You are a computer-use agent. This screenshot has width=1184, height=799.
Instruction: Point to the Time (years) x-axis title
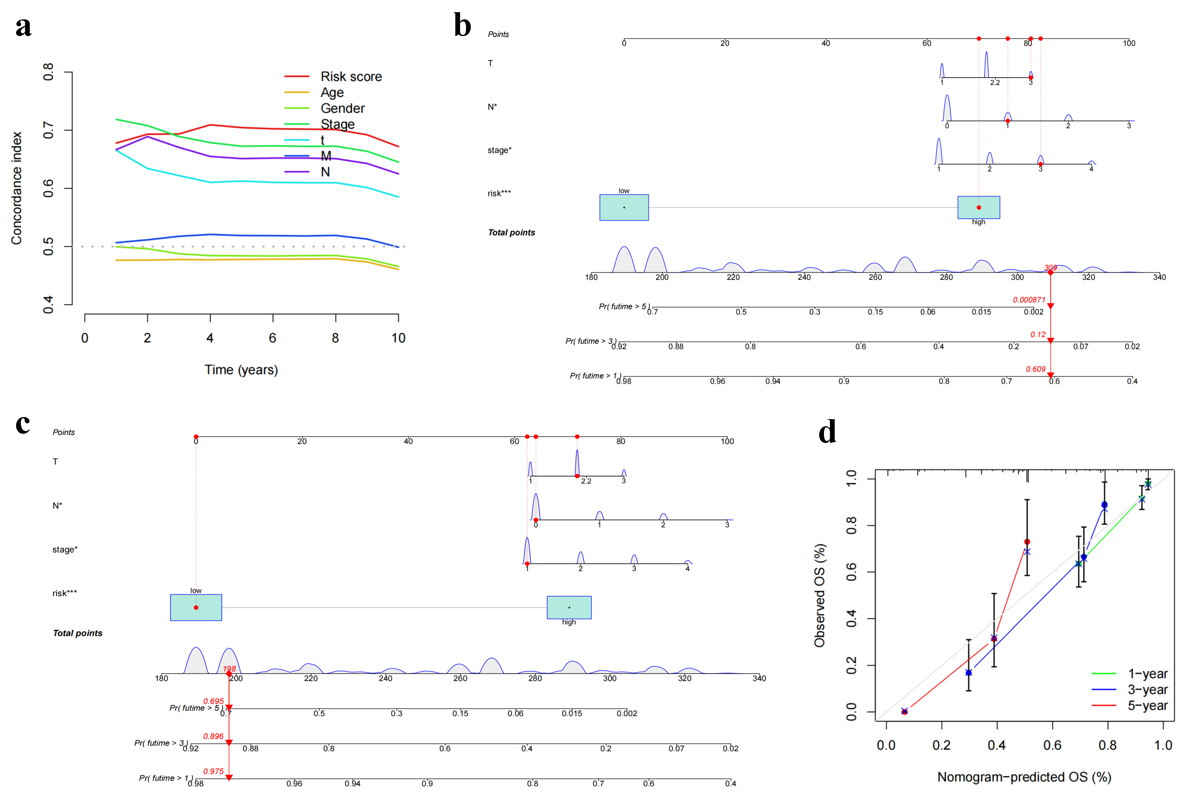(x=241, y=370)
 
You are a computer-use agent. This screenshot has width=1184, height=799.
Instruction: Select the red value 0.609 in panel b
(x=1035, y=369)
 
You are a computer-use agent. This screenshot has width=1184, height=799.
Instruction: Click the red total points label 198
(x=229, y=669)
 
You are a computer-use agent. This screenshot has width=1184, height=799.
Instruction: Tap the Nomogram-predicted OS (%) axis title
(x=1024, y=777)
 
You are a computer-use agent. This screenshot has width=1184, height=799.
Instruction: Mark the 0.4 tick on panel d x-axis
(x=996, y=745)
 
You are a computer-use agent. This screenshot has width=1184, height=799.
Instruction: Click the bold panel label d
(x=827, y=432)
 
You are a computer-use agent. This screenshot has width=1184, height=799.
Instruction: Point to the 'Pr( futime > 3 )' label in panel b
(x=591, y=341)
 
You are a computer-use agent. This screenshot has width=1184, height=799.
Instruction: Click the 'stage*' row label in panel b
(x=499, y=150)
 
